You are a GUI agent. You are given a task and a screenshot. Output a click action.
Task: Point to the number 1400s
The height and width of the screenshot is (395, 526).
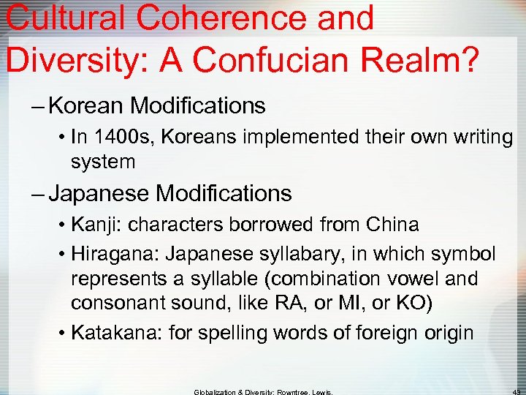117,137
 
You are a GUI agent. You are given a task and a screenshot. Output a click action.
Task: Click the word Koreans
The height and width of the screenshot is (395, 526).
193,137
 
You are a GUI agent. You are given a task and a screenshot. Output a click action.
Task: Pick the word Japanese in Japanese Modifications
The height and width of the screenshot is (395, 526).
99,194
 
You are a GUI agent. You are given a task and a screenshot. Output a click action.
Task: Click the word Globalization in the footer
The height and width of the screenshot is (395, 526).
218,391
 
